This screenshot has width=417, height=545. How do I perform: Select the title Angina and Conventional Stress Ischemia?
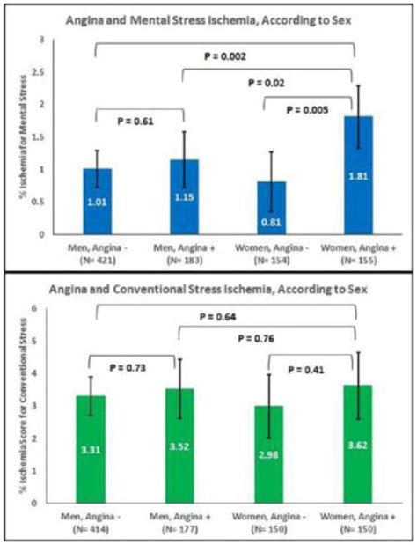click(x=209, y=290)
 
